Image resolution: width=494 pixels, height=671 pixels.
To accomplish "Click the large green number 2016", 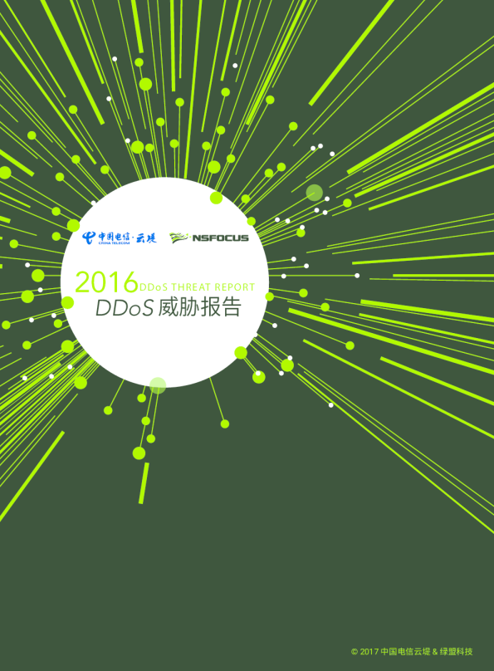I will (106, 282).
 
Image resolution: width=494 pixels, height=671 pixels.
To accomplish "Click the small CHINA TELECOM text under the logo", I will (110, 243).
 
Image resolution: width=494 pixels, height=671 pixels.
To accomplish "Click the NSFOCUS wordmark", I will (220, 238).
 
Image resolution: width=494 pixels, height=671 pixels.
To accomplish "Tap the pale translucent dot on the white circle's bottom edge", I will (158, 385).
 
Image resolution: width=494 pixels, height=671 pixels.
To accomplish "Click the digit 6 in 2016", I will (129, 282).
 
